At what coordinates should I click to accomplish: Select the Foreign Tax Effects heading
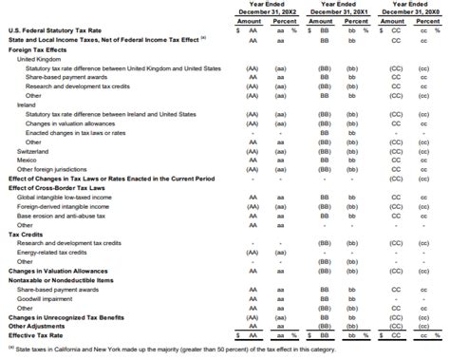pos(37,50)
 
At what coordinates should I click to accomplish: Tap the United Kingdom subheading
pos(40,59)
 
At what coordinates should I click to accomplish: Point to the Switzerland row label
pos(33,150)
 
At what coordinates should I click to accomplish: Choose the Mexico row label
pos(28,160)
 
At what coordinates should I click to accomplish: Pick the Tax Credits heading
pos(27,233)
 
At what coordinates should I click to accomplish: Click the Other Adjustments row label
pos(37,325)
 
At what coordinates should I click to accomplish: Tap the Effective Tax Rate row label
pos(37,334)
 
